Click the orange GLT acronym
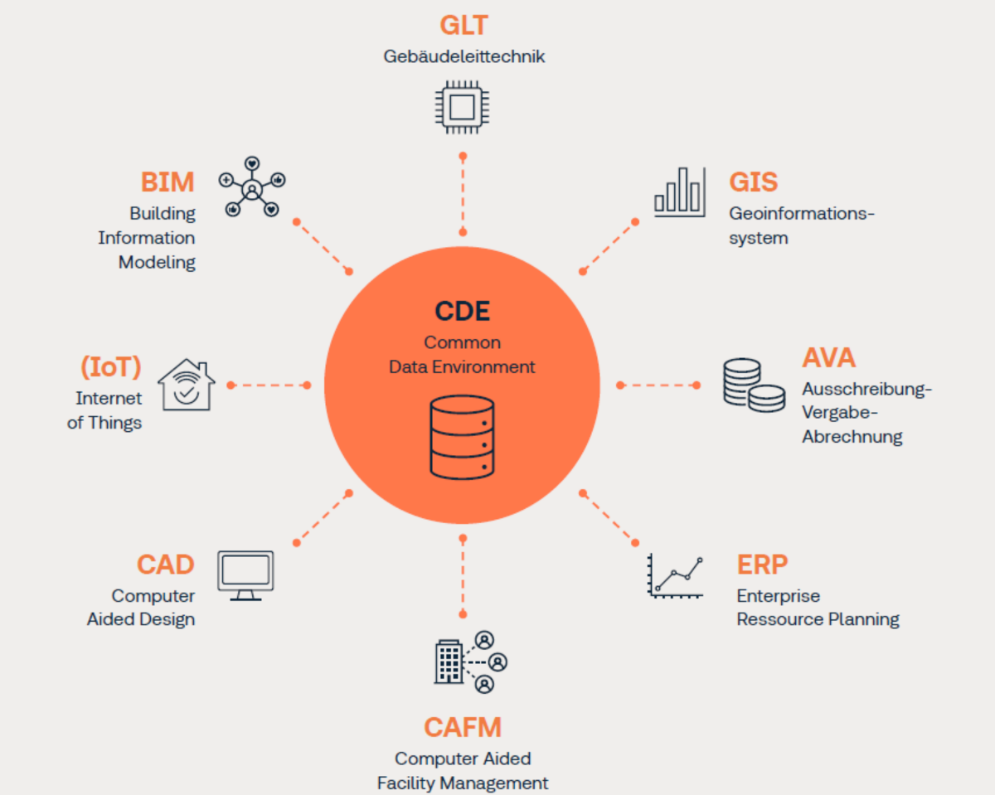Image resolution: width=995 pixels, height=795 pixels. [x=463, y=25]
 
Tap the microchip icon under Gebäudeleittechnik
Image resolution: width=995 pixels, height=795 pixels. [x=462, y=107]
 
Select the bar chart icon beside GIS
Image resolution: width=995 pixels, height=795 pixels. [x=679, y=191]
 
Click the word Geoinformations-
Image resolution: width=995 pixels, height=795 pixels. [x=802, y=214]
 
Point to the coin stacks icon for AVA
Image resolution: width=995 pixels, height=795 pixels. [x=753, y=384]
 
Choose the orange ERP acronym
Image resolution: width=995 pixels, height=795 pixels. [x=761, y=565]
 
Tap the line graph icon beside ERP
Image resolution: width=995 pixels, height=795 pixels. [x=676, y=575]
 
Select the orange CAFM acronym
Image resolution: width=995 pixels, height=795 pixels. [x=463, y=727]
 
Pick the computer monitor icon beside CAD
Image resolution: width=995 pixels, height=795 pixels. [x=245, y=574]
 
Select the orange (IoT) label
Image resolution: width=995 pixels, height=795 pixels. [x=110, y=366]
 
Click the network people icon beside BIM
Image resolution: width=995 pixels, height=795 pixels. [x=251, y=187]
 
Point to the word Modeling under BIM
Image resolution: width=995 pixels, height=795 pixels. [x=157, y=263]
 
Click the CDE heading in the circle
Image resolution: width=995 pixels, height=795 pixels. [x=462, y=311]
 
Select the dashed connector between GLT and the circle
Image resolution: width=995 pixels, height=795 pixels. [x=463, y=193]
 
